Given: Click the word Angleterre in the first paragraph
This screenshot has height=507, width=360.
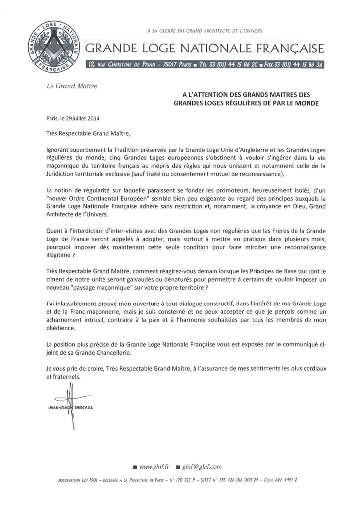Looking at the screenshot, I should pyautogui.click(x=227, y=148).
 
